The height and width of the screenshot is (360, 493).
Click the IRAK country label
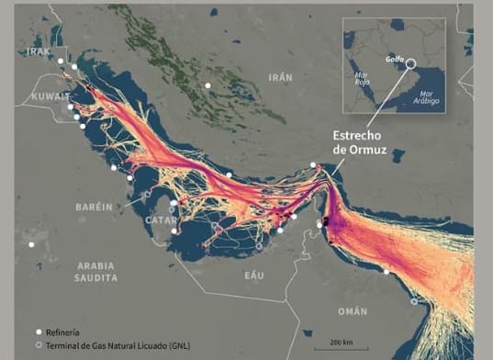pyautogui.click(x=39, y=52)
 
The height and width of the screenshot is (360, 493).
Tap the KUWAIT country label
pyautogui.click(x=50, y=96)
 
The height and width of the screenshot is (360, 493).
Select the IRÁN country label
pyautogui.click(x=280, y=78)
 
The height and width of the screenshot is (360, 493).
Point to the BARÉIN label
pyautogui.click(x=94, y=207)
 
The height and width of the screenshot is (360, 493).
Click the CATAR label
pyautogui.click(x=161, y=220)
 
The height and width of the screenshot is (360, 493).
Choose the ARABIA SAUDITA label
pyautogui.click(x=97, y=270)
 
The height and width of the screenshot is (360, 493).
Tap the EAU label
pyautogui.click(x=254, y=275)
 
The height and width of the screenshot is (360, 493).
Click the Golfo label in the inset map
pyautogui.click(x=395, y=57)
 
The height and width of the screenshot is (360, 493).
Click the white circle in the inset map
pyautogui.click(x=409, y=64)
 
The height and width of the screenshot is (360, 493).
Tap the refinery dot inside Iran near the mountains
pyautogui.click(x=208, y=85)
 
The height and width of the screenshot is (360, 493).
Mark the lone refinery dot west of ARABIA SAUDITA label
pyautogui.click(x=32, y=244)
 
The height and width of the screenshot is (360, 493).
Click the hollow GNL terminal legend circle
pyautogui.click(x=39, y=344)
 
